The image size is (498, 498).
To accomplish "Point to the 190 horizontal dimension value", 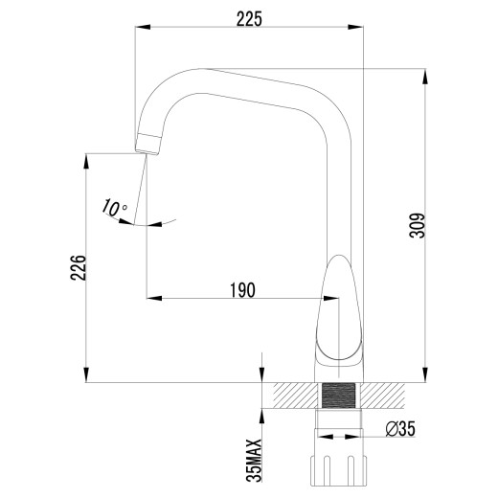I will pos(241,290).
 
